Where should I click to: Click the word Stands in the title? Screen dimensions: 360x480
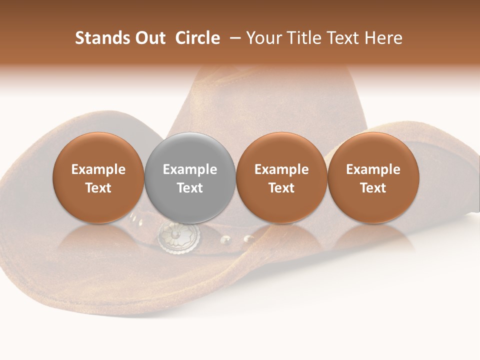tap(98, 38)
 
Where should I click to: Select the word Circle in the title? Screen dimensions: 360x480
tap(197, 38)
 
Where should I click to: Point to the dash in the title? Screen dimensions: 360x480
tap(233, 38)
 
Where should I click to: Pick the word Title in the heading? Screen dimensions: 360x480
tap(301, 38)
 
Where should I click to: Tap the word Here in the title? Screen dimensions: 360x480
tap(383, 38)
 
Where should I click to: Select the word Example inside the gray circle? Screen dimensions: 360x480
tap(190, 169)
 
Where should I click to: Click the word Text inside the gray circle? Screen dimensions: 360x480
tap(190, 188)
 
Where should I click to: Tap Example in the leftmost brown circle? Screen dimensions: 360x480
tap(98, 169)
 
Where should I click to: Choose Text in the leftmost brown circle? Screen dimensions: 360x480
tap(98, 188)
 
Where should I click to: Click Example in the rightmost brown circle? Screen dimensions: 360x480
tap(373, 169)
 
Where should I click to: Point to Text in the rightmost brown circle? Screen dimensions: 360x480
tap(373, 188)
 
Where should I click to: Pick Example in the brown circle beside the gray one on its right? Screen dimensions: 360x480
tap(281, 169)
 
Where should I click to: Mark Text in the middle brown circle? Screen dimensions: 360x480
tap(281, 188)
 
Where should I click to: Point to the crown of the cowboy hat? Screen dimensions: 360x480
tap(270, 100)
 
